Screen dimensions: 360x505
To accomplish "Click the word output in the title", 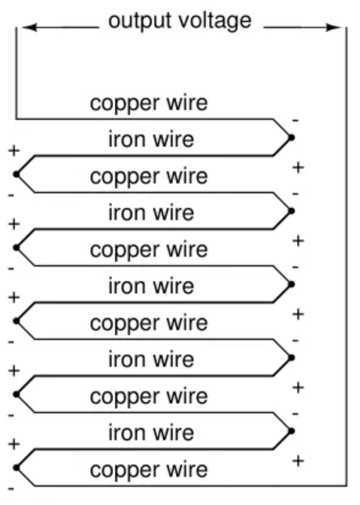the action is (139, 21).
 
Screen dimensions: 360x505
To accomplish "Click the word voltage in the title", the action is (215, 22).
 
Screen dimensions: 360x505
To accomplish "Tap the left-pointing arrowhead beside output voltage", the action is (28, 28).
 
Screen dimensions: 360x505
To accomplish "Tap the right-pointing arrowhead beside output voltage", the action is (334, 28).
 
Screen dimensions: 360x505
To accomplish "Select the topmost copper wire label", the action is (149, 104).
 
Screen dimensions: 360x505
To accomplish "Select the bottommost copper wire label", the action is (149, 470).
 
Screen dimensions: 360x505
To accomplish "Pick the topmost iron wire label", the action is (151, 139).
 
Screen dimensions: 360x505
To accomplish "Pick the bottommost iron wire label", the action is (151, 432).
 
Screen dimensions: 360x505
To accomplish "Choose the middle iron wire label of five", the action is (151, 286).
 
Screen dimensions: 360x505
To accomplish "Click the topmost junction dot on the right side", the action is (292, 138).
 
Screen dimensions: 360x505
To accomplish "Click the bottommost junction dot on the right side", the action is (292, 431).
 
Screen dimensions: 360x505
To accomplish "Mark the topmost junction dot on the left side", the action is (16, 174).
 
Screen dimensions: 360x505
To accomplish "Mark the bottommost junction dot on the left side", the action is (16, 467).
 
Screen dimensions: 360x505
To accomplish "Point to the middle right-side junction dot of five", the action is (292, 284).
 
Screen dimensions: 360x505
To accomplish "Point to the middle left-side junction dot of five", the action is (16, 321).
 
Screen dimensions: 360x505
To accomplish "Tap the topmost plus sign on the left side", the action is (14, 150).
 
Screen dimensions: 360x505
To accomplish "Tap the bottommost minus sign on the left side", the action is (11, 489).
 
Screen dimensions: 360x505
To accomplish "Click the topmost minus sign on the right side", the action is (295, 120).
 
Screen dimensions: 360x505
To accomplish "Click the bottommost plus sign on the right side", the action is (298, 461).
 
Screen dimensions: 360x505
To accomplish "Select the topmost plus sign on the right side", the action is (298, 168).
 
